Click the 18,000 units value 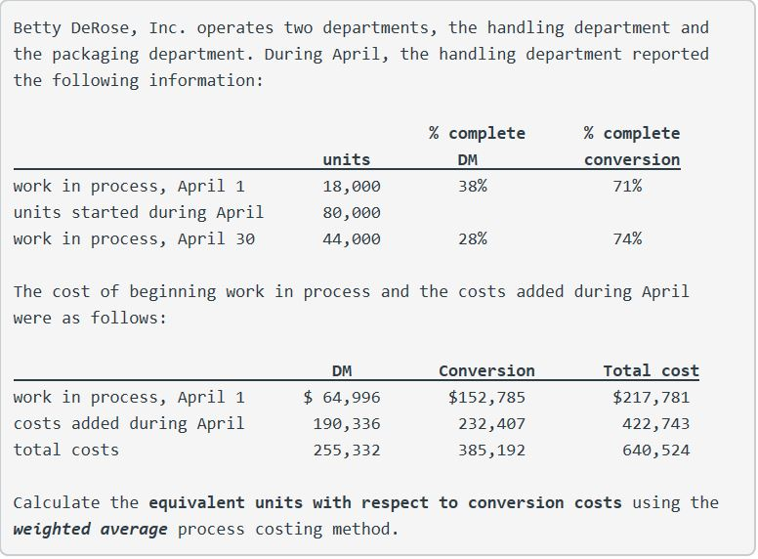[x=352, y=187]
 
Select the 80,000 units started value [x=352, y=212]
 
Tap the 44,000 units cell [x=352, y=238]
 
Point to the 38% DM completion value [x=473, y=186]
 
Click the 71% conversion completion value [x=627, y=186]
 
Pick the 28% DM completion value [x=473, y=238]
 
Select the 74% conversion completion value [x=627, y=238]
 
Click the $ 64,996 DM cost [x=342, y=397]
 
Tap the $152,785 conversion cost [x=486, y=397]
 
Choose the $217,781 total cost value [x=651, y=397]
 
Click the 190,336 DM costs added [x=347, y=423]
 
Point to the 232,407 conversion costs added [x=491, y=423]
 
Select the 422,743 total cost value [x=655, y=423]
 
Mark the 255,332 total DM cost [x=347, y=451]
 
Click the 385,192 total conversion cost [x=491, y=451]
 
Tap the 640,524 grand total [x=655, y=451]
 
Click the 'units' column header [x=347, y=159]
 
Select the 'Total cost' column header [x=651, y=371]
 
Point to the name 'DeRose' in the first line [x=100, y=27]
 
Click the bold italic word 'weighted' [x=52, y=529]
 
